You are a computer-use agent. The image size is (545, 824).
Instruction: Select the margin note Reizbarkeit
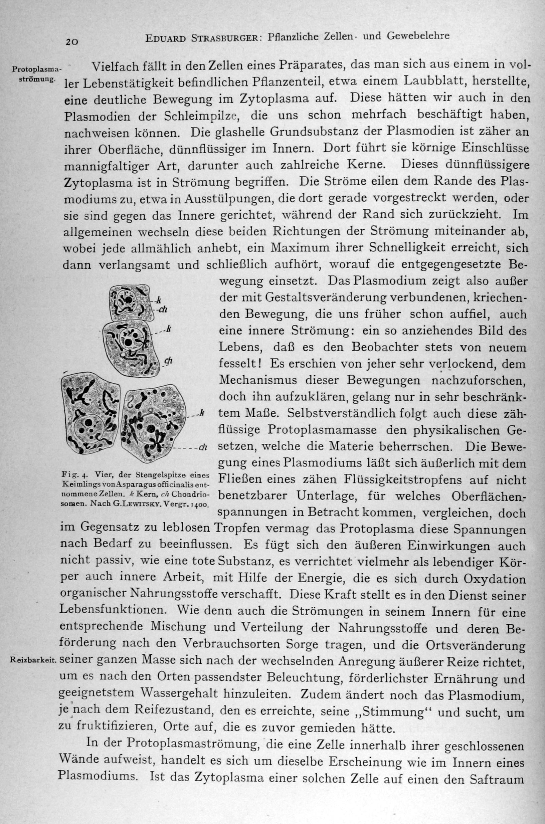33,660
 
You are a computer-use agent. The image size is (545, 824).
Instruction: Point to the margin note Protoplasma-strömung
37,73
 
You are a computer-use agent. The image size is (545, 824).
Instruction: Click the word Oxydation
494,579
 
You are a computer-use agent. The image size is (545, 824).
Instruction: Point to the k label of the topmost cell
158,300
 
